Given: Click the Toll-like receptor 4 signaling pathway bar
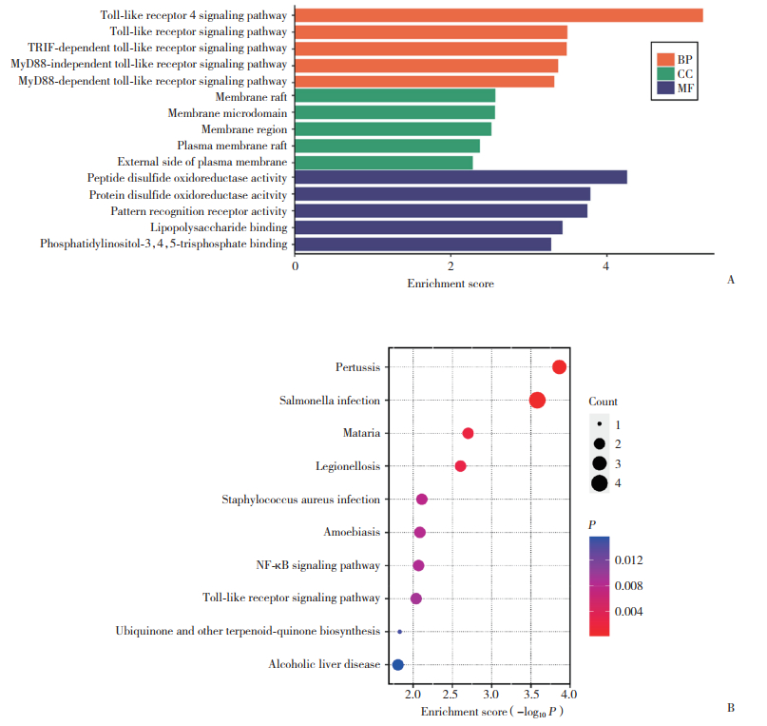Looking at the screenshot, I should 499,15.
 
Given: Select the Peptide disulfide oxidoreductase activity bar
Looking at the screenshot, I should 461,178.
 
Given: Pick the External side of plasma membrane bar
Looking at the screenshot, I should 384,162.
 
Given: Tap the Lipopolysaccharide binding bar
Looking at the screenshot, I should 429,227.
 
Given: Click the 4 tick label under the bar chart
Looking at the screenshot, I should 606,267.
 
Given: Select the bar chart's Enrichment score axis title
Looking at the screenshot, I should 451,284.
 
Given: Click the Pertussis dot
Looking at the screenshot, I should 559,367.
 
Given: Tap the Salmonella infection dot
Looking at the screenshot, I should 537,401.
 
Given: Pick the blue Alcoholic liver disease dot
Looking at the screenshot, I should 398,664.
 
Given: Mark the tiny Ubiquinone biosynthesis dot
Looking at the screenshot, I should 400,632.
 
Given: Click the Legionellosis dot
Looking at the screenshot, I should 461,466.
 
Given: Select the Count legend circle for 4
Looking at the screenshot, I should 600,483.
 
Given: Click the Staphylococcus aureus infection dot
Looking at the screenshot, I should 422,500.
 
